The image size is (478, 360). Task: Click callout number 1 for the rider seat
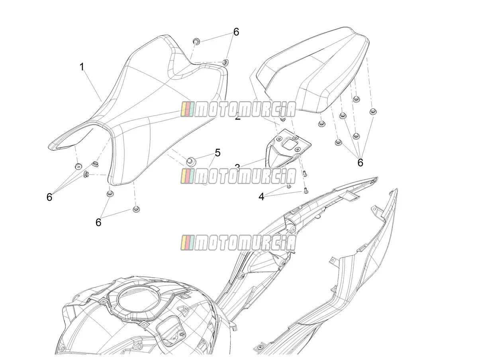(x=82, y=67)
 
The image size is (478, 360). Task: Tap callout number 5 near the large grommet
(x=217, y=153)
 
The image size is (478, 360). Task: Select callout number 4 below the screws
(x=261, y=197)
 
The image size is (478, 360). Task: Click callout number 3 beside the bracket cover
(x=237, y=167)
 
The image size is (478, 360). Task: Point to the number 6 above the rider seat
(x=236, y=32)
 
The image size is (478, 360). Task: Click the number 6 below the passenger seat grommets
(x=360, y=162)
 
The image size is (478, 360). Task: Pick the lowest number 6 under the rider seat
(x=98, y=222)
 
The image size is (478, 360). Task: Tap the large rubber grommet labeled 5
(x=191, y=162)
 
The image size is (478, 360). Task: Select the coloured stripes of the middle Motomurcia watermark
(x=187, y=176)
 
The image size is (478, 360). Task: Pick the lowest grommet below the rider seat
(x=136, y=209)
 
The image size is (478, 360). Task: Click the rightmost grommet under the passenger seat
(x=373, y=112)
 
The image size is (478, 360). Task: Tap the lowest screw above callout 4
(x=306, y=191)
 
